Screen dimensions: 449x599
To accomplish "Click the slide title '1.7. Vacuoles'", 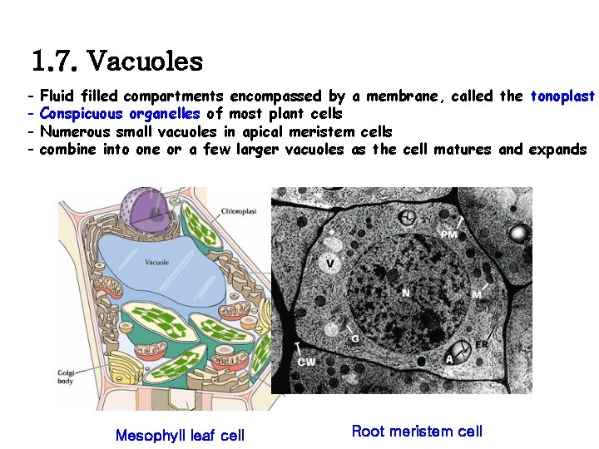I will pos(116,61).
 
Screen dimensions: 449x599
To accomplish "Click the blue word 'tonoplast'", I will pos(562,96).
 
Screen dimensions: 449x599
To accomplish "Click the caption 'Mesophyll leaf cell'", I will pos(180,435).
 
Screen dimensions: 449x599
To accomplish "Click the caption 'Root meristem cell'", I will pos(417,431).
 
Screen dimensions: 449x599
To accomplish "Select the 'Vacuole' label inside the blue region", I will pos(157,263).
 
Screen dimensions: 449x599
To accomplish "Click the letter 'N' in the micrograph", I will pos(405,293).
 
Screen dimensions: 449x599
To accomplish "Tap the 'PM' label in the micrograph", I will pos(449,235).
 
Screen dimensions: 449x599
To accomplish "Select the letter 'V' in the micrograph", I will pos(330,264).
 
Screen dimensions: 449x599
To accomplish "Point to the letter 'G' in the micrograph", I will pos(355,339).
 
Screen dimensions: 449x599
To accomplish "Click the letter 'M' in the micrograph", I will pos(477,295).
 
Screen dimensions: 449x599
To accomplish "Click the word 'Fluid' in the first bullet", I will pos(59,96).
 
